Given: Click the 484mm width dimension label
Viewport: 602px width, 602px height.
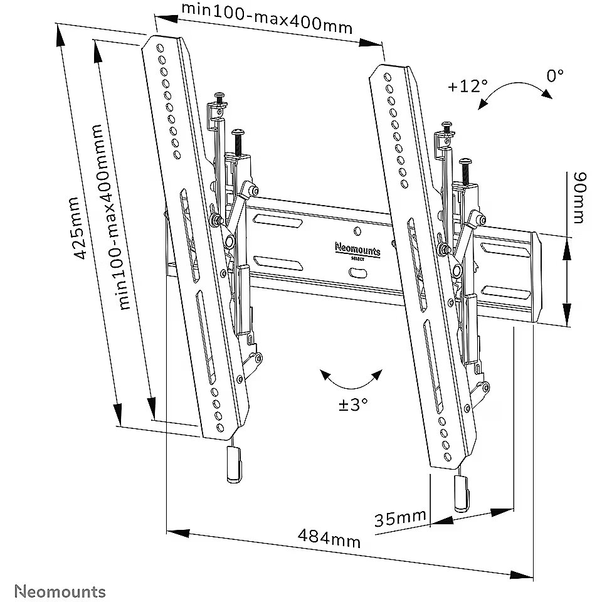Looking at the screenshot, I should pos(329,538).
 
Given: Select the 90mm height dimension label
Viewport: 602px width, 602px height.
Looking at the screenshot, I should pos(578,198).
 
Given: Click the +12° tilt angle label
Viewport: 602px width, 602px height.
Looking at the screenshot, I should pos(468,87).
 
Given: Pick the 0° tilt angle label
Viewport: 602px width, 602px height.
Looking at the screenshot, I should pos(555,76).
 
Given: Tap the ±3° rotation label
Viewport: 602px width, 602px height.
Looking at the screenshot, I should pos(353,404).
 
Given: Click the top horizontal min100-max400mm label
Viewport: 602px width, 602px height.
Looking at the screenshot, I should pos(266,18).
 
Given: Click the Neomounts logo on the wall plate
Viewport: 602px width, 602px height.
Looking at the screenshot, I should pos(357,250).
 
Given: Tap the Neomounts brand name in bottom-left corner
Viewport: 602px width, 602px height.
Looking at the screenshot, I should pos(60,591).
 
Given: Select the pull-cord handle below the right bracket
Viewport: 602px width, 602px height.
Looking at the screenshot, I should pos(462,494).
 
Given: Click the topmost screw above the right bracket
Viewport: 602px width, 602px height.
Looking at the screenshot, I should pos(447,126).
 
